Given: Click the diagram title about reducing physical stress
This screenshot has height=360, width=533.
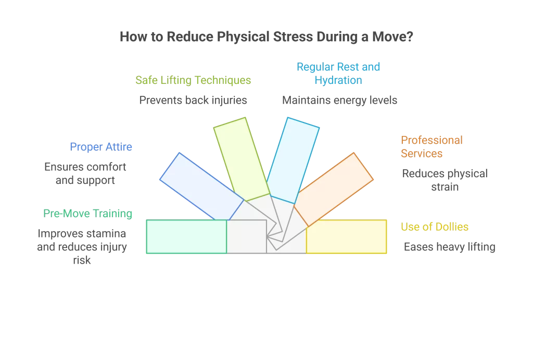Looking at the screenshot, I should click(x=266, y=37).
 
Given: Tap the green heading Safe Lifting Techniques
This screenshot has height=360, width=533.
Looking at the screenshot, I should click(x=193, y=80).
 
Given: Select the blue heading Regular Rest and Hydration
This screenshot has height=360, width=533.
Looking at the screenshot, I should click(x=338, y=73).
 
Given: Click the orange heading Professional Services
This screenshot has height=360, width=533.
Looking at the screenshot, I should click(x=431, y=147).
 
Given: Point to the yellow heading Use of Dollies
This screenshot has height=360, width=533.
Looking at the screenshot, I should click(x=435, y=227).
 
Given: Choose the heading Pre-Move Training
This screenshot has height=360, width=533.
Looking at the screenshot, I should click(x=87, y=214).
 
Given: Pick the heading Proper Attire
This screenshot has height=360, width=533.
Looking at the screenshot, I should click(x=101, y=147).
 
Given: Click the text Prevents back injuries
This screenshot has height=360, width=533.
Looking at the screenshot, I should click(x=193, y=100).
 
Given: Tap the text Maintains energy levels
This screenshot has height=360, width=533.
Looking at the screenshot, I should click(x=339, y=100).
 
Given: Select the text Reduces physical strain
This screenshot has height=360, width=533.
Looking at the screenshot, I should click(x=445, y=180).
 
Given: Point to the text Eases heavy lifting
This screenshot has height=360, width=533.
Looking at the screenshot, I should click(x=450, y=247).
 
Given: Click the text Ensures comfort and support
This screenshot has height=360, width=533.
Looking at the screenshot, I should click(x=85, y=174).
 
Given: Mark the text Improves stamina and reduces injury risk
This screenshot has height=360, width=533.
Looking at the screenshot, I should click(x=82, y=246).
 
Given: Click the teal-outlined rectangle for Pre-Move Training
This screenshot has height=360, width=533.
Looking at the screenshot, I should click(x=186, y=237).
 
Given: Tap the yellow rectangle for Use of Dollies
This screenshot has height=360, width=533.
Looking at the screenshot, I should click(x=347, y=237).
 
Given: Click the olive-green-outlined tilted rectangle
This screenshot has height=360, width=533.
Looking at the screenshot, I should click(x=241, y=158).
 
